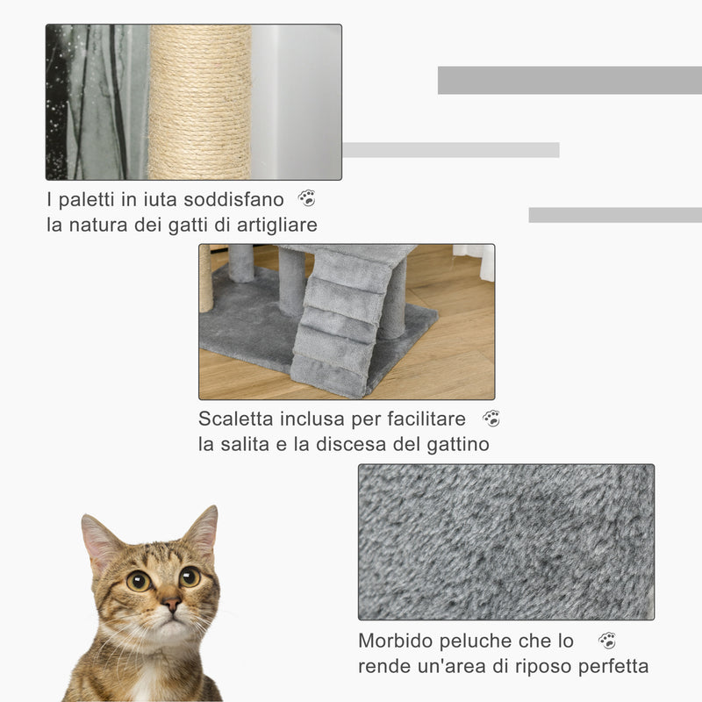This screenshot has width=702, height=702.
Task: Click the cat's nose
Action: (170, 605)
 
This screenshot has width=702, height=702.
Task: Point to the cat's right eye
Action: (138, 580)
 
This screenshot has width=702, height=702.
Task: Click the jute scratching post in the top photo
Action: (199, 102)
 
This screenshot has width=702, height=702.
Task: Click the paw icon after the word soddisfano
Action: (306, 198)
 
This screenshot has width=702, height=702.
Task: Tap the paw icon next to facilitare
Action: (491, 419)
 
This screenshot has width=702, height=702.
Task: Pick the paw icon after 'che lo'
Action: (607, 641)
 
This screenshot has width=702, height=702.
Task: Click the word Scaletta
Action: (234, 419)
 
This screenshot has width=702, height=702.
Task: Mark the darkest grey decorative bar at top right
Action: (569, 80)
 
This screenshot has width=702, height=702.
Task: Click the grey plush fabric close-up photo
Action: (505, 541)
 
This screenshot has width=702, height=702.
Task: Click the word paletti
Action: (89, 200)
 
